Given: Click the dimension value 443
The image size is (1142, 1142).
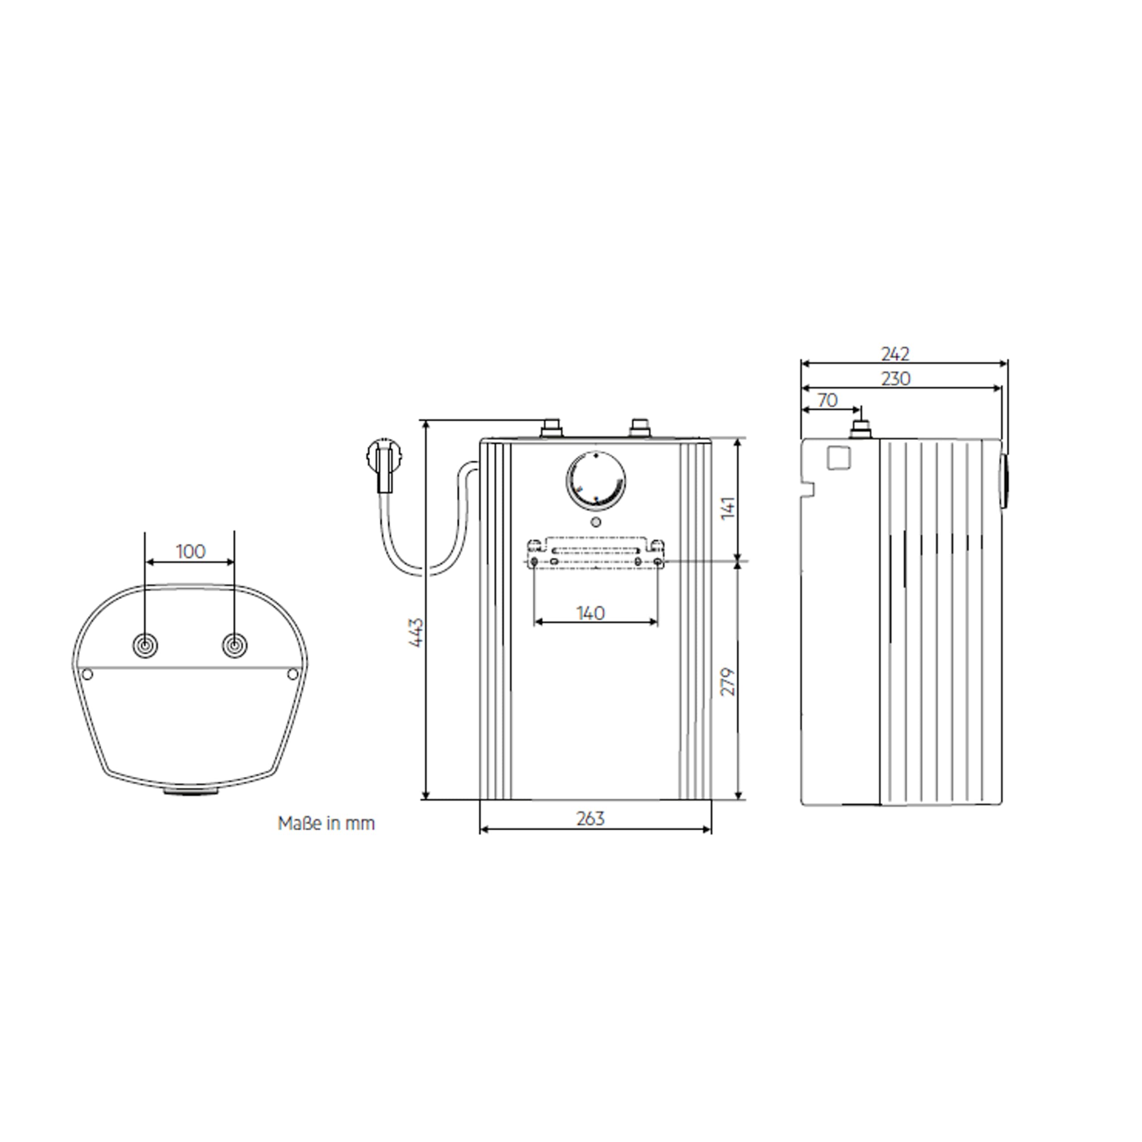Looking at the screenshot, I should tap(417, 633).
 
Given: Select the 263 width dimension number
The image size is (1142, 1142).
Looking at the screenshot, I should tap(591, 819).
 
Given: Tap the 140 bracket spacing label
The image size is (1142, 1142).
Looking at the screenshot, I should tap(591, 613).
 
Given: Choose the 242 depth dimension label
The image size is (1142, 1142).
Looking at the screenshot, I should tap(895, 354).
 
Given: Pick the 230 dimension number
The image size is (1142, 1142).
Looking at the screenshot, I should tap(895, 379).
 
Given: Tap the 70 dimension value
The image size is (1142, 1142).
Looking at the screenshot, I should tap(828, 401).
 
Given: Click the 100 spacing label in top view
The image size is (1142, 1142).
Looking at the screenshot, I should tap(190, 551).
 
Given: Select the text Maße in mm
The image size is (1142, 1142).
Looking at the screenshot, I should tap(326, 823).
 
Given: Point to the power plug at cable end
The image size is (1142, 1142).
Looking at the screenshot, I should tap(383, 462).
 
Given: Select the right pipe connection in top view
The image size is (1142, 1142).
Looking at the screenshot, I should tap(235, 645).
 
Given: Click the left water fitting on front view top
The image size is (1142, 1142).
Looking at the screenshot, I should tap(551, 428).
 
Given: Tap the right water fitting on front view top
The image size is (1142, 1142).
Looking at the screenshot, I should tap(640, 428).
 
